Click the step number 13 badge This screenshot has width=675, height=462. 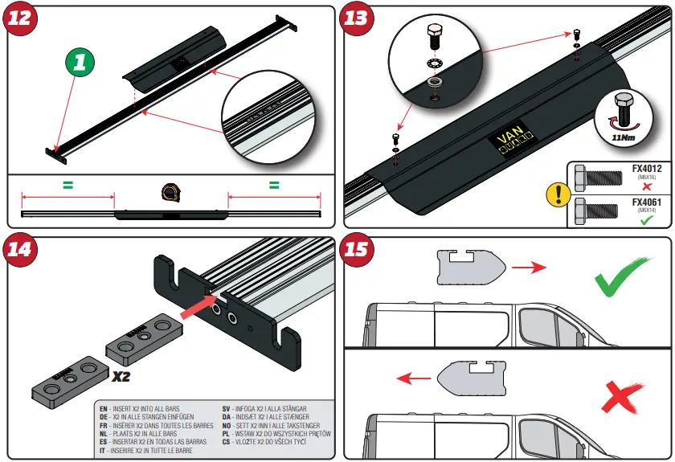tap(358, 18)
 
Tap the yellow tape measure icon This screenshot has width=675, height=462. tap(170, 191)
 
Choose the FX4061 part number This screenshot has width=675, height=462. tap(644, 203)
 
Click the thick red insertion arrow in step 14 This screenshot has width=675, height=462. tap(197, 309)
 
